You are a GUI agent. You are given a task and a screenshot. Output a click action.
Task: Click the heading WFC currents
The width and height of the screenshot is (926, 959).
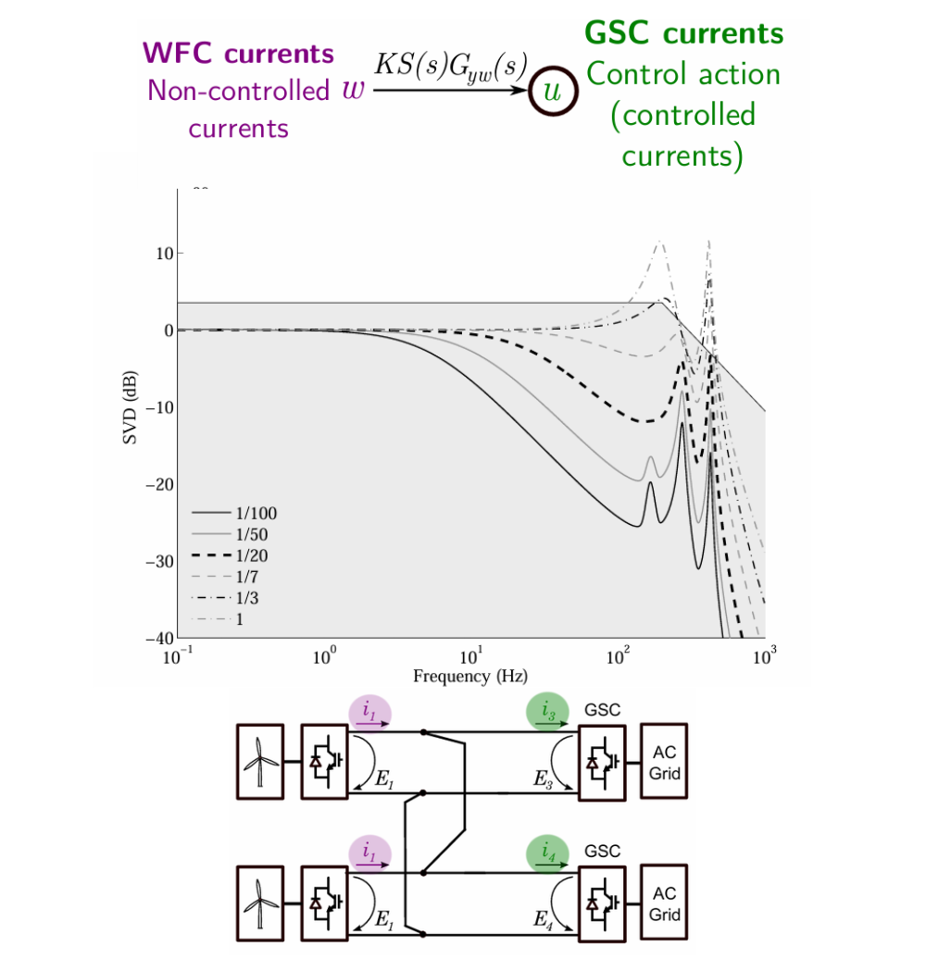pyautogui.click(x=239, y=53)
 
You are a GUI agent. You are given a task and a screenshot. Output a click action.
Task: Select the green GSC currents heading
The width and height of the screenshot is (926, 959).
pyautogui.click(x=683, y=33)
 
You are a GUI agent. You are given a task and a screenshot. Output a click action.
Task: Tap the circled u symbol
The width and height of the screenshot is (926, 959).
pyautogui.click(x=553, y=91)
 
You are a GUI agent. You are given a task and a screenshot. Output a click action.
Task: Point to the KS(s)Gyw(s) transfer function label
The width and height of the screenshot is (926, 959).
pyautogui.click(x=451, y=66)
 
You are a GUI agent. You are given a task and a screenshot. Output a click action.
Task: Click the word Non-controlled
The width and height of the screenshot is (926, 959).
pyautogui.click(x=239, y=91)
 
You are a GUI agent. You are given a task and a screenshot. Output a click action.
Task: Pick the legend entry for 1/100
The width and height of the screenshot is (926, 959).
pyautogui.click(x=234, y=513)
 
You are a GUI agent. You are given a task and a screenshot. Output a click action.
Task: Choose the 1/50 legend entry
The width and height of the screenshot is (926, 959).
pyautogui.click(x=230, y=534)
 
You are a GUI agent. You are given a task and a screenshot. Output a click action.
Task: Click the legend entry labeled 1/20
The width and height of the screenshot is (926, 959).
pyautogui.click(x=230, y=555)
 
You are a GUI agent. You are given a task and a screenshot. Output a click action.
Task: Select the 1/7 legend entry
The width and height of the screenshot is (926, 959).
pyautogui.click(x=225, y=577)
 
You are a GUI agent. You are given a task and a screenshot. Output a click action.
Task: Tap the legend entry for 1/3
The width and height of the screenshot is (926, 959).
pyautogui.click(x=225, y=598)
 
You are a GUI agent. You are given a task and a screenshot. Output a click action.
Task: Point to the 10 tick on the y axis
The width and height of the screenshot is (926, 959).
pyautogui.click(x=165, y=254)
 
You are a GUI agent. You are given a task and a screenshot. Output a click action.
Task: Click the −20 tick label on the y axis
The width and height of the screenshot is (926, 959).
pyautogui.click(x=159, y=484)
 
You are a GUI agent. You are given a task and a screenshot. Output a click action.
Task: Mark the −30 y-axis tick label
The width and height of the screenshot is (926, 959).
pyautogui.click(x=159, y=562)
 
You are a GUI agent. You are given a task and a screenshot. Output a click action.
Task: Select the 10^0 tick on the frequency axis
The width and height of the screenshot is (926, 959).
pyautogui.click(x=324, y=656)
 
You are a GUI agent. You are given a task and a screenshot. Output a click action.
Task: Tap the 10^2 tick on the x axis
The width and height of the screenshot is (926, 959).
pyautogui.click(x=618, y=656)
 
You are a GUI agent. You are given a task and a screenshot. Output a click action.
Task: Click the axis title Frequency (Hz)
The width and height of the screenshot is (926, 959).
pyautogui.click(x=470, y=677)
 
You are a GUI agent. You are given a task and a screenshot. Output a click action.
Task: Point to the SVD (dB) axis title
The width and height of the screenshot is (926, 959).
pyautogui.click(x=130, y=407)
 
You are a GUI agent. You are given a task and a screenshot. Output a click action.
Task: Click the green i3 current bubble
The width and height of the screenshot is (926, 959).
pyautogui.click(x=547, y=712)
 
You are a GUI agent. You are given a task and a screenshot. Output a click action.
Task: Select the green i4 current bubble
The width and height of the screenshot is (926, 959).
pyautogui.click(x=547, y=853)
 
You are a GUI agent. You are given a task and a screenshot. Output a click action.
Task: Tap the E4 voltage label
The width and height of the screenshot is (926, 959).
pyautogui.click(x=544, y=920)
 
